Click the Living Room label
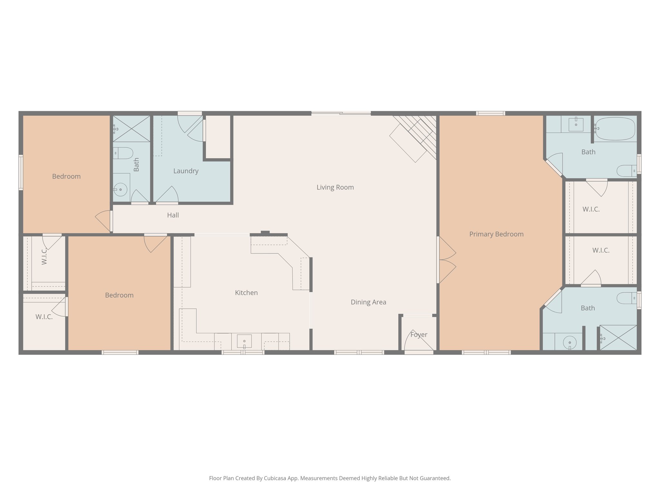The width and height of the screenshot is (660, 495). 335,187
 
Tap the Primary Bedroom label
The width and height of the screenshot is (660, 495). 496,234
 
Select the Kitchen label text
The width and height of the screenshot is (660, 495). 246,293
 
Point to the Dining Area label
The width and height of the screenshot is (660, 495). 368,302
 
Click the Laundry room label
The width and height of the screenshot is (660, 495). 186,171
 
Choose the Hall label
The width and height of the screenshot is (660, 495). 173,215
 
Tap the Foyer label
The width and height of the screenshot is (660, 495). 419,335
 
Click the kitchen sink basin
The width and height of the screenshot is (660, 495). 244,341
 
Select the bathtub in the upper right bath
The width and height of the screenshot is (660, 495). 615,129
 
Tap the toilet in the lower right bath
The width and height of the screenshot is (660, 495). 626,298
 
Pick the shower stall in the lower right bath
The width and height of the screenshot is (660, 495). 618,338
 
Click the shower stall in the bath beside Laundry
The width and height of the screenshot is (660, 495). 131,129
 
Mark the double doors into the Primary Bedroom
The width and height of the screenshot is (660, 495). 446,260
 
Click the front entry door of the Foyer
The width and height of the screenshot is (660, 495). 419,352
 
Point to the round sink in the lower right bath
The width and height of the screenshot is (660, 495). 570,342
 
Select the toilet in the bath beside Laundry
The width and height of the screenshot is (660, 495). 123,153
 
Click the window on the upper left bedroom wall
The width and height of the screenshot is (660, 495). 21,172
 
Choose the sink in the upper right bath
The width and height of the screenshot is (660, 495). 576,124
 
